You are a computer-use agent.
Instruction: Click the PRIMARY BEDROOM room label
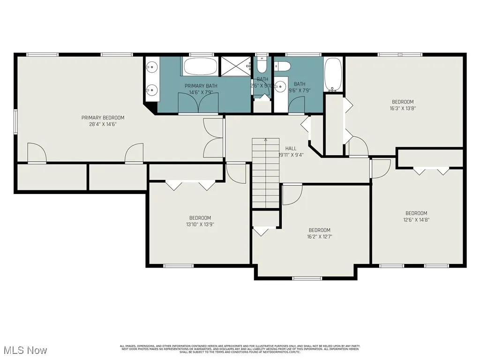tap(103, 118)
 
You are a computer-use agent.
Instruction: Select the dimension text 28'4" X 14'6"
tap(103, 124)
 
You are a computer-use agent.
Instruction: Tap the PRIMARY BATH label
tap(201, 86)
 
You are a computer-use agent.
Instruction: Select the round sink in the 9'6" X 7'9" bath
tap(281, 86)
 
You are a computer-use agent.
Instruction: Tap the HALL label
tap(291, 148)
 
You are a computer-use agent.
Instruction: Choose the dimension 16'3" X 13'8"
tap(403, 108)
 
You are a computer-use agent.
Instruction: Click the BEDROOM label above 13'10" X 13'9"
tap(200, 217)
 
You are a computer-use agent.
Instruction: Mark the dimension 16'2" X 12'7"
tap(319, 237)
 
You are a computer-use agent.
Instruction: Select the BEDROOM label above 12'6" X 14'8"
tap(416, 213)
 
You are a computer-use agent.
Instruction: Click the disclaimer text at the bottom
tap(240, 349)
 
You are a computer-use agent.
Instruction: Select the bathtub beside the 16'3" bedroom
tap(333, 75)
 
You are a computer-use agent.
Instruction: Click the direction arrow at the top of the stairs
tap(266, 140)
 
